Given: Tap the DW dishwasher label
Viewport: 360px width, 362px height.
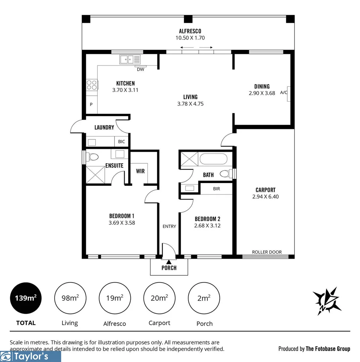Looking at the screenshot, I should pyautogui.click(x=141, y=69).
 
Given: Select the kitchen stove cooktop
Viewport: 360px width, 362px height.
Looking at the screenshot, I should pyautogui.click(x=92, y=85).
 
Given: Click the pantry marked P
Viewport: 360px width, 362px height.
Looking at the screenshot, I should pyautogui.click(x=91, y=105).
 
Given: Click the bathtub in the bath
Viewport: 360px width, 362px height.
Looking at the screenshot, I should pyautogui.click(x=214, y=159).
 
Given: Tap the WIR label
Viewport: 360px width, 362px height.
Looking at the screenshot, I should pyautogui.click(x=140, y=171).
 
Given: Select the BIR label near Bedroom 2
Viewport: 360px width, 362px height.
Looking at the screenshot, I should pyautogui.click(x=216, y=189).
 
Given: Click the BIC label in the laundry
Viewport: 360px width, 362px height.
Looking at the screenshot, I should pyautogui.click(x=121, y=142).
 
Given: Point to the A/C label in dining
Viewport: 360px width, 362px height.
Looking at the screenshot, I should pyautogui.click(x=284, y=93).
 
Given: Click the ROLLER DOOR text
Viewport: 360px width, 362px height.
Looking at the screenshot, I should pyautogui.click(x=267, y=252).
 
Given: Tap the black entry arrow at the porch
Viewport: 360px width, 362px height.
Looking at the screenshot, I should pyautogui.click(x=169, y=262).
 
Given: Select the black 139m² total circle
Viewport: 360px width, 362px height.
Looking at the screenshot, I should pyautogui.click(x=26, y=298).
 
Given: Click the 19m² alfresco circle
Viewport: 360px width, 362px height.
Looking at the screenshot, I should pyautogui.click(x=115, y=298).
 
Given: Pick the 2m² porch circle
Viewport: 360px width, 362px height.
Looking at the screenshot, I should pyautogui.click(x=204, y=298).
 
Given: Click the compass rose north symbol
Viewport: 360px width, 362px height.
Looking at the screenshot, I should pyautogui.click(x=326, y=301).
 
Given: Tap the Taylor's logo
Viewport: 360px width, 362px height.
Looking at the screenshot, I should pyautogui.click(x=30, y=356).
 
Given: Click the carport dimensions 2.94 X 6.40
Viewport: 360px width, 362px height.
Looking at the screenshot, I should pyautogui.click(x=265, y=197).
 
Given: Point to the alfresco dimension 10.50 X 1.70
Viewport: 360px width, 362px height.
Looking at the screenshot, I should pyautogui.click(x=190, y=38).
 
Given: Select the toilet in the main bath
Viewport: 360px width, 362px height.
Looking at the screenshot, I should pyautogui.click(x=225, y=174).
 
